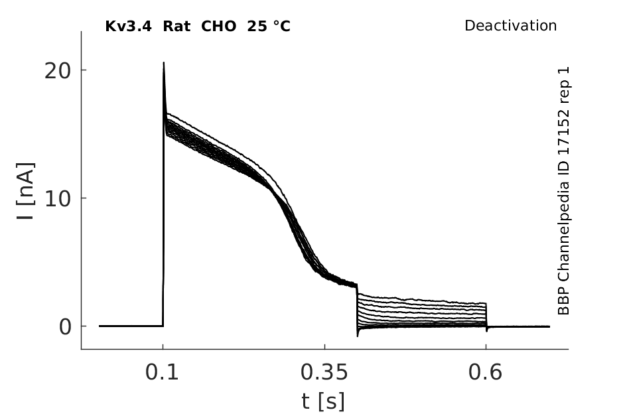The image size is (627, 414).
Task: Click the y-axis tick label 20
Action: (57, 72)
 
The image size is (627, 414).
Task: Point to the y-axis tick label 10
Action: (57, 199)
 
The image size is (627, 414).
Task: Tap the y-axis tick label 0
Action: (65, 327)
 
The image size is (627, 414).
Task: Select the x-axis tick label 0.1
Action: (161, 372)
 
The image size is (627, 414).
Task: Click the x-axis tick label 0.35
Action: (324, 372)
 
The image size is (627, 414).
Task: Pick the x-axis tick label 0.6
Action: (484, 372)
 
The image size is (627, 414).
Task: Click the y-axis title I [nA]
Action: (26, 191)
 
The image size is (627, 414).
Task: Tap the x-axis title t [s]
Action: (322, 401)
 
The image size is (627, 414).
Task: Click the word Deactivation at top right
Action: (510, 26)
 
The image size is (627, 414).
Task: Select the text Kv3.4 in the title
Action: (128, 27)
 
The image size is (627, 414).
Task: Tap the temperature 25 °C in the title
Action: (269, 27)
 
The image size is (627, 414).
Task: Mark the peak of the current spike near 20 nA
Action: (163, 62)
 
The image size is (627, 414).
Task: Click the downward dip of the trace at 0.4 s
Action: (358, 335)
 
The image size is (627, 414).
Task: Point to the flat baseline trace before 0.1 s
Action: (131, 326)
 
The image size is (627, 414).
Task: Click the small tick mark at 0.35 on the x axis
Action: (324, 347)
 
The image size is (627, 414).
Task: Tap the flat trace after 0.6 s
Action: (519, 327)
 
